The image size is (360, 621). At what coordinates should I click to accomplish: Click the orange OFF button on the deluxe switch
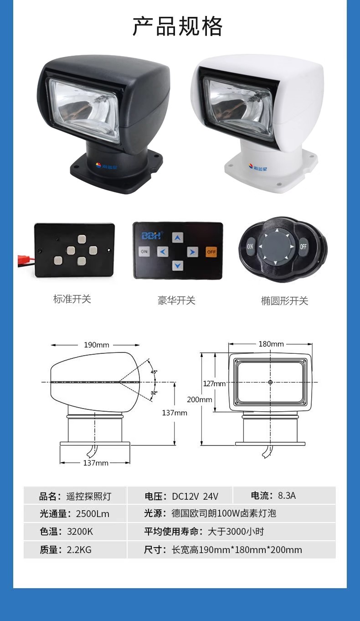tap(211, 252)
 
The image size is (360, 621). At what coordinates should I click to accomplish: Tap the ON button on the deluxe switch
tap(144, 251)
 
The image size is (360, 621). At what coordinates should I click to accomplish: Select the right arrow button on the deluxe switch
tap(192, 252)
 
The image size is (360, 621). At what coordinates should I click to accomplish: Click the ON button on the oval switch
tap(250, 246)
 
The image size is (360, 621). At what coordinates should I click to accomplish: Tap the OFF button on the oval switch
tap(303, 246)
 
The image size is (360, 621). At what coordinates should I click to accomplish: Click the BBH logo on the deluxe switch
tap(151, 235)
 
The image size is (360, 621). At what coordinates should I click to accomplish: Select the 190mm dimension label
tap(97, 345)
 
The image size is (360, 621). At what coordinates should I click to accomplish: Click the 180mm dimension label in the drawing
tap(271, 344)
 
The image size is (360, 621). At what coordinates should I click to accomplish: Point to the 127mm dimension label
tap(214, 383)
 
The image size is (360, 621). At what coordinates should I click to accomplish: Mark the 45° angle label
tap(154, 372)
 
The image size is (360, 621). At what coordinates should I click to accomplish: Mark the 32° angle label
tap(154, 393)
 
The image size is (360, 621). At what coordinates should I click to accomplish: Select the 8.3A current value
tap(287, 496)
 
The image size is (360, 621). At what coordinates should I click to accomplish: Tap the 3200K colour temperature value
tap(80, 532)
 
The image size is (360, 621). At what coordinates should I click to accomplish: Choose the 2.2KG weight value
tap(79, 549)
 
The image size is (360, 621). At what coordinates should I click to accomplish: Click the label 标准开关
tap(72, 299)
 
